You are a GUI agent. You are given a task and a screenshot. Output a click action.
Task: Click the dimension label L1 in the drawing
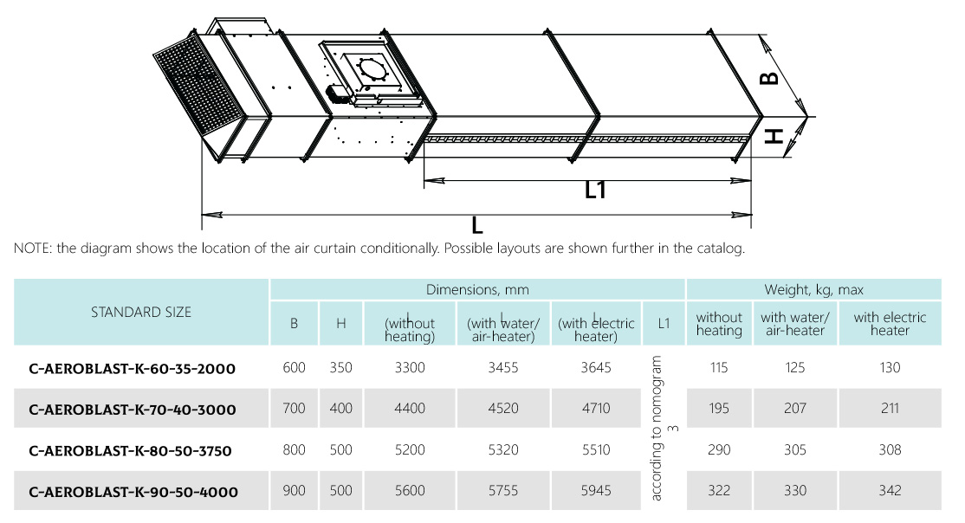tap(595, 190)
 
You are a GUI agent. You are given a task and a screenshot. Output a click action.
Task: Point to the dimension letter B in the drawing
tap(769, 78)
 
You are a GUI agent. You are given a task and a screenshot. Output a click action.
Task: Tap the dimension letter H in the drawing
tap(774, 136)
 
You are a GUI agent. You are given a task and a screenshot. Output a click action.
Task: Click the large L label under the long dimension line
tap(477, 226)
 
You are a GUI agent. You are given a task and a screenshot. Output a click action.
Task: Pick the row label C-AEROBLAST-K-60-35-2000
tap(133, 369)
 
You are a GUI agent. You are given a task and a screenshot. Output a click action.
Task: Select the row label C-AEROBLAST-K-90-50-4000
tap(133, 492)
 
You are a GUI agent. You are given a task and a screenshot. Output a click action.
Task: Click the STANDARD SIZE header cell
tap(141, 312)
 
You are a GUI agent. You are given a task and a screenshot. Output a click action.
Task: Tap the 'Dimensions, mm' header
tap(477, 289)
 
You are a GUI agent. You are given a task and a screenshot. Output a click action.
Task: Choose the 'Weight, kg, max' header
tap(813, 289)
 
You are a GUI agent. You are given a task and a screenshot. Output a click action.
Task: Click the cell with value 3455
tap(502, 367)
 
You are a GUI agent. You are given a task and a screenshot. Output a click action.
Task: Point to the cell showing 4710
tap(596, 408)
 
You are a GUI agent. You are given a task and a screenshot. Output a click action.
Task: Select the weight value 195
tap(719, 408)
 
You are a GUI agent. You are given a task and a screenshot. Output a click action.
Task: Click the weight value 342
tap(890, 490)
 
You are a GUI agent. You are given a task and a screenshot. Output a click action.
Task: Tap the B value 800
tap(295, 449)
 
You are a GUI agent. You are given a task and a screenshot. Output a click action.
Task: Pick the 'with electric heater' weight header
tap(890, 324)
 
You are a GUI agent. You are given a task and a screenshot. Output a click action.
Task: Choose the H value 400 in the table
tap(341, 408)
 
